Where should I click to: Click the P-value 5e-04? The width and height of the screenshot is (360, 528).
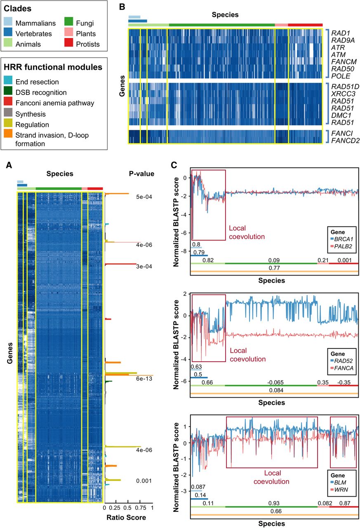coord(145,197)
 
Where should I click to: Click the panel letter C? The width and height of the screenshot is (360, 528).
coord(174,165)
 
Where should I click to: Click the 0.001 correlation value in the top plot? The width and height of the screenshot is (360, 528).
coord(344,260)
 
